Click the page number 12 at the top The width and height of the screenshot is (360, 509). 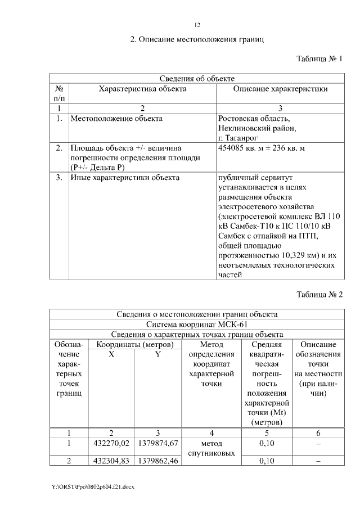(x=197, y=25)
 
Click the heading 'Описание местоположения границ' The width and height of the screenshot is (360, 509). (x=197, y=40)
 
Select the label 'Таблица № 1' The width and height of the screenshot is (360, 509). (x=319, y=59)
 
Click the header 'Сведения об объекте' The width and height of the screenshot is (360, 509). (x=197, y=79)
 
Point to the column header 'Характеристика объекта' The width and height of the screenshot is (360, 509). (x=142, y=89)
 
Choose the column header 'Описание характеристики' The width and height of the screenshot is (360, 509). (x=280, y=89)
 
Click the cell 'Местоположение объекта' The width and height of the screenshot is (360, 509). (x=116, y=119)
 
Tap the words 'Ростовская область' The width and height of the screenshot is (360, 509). (x=254, y=119)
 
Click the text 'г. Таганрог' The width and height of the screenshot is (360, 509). (x=237, y=138)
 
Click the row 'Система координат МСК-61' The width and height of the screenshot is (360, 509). (x=197, y=325)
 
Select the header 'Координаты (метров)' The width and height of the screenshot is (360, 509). (x=135, y=344)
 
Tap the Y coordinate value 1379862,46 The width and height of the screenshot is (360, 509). (x=157, y=462)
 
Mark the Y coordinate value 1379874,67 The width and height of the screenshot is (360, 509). (x=157, y=444)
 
